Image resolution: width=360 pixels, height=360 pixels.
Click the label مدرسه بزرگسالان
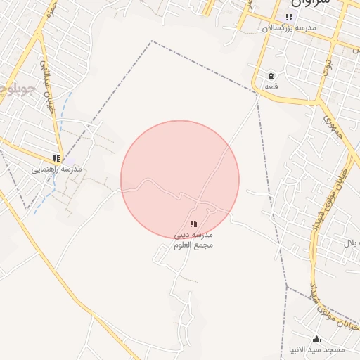[289, 28]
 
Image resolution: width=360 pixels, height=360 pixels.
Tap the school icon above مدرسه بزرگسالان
[289, 18]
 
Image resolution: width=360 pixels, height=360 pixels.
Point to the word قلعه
[271, 86]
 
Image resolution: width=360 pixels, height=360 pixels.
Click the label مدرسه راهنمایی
[57, 169]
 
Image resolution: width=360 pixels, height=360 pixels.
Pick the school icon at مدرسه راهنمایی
[57, 159]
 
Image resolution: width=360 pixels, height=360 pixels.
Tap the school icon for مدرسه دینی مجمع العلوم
[193, 224]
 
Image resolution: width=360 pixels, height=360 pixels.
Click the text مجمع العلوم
[193, 245]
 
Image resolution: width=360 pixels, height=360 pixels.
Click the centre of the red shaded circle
[180, 180]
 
